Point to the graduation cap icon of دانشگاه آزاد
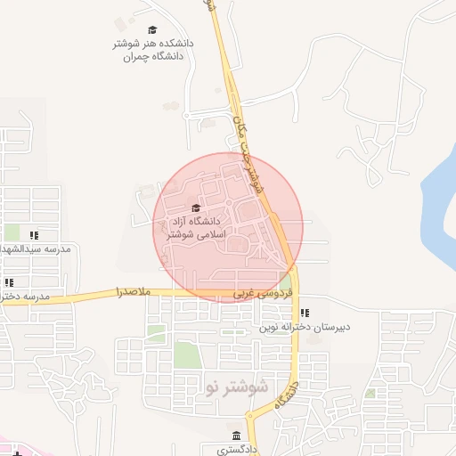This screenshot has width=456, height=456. click(195, 208)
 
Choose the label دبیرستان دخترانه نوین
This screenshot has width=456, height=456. click(305, 326)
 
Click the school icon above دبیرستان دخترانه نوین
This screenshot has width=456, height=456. click(305, 313)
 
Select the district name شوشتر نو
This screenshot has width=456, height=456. click(236, 387)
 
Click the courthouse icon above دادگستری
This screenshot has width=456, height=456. click(235, 436)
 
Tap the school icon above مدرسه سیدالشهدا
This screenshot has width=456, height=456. click(33, 236)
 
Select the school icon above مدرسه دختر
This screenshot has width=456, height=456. click(9, 283)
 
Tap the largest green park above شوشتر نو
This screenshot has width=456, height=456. click(186, 354)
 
